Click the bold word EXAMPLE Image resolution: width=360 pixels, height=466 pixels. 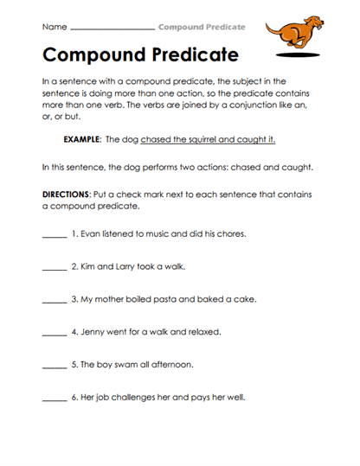coord(83,139)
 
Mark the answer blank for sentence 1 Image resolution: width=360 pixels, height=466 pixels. coord(54,236)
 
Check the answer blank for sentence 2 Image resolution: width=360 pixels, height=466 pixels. coord(54,268)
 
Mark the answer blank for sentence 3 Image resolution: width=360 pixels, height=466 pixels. coord(54,301)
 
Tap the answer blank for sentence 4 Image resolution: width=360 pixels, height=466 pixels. coord(54,334)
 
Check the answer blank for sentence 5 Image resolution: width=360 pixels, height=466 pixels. coord(54,366)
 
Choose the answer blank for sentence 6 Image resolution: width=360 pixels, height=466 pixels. coord(54,399)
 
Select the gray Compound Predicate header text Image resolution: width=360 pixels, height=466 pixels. coord(202,27)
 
